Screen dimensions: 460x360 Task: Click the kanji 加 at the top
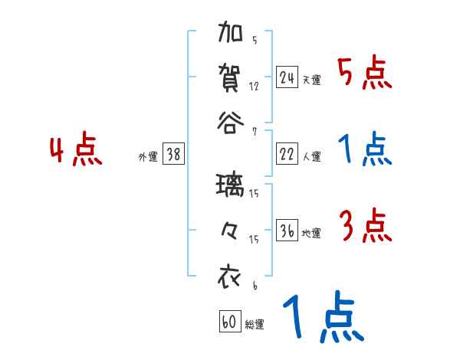[230, 35]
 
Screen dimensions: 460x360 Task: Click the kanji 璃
[230, 186]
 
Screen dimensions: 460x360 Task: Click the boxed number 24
[287, 77]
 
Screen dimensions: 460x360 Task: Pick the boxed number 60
[230, 322]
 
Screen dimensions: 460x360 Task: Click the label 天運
[311, 80]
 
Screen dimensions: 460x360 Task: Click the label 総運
[255, 325]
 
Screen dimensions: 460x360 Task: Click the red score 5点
[364, 74]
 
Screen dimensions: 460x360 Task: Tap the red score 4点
[75, 151]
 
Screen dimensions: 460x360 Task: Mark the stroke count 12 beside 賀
[255, 87]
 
